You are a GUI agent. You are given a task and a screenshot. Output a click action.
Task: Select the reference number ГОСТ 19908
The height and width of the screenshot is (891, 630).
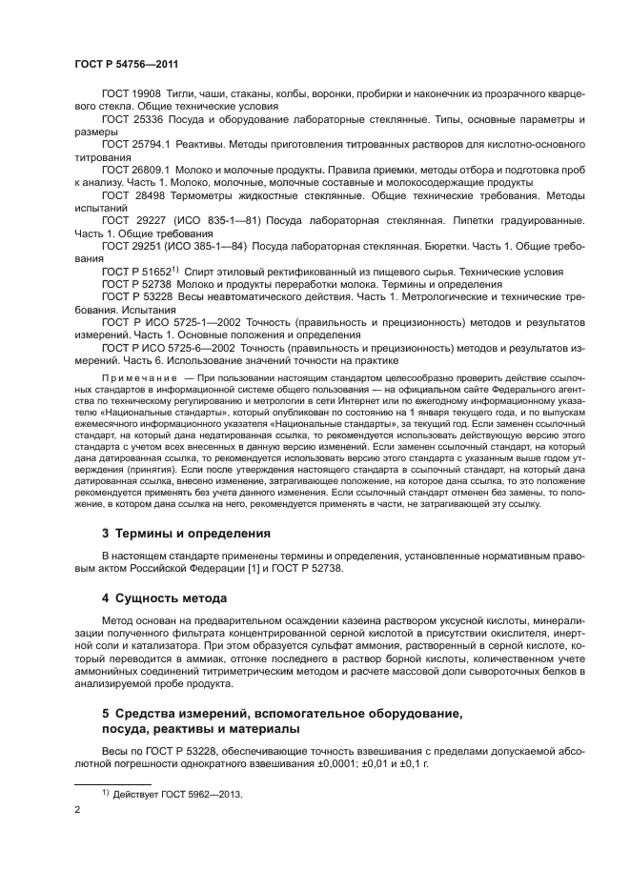point(130,95)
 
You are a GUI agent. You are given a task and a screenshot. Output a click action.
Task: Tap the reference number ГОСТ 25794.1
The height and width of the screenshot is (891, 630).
point(133,144)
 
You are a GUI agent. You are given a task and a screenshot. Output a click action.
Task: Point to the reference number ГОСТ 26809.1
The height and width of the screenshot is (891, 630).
point(133,169)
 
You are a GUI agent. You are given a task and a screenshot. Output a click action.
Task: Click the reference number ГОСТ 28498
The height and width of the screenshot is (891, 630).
point(130,193)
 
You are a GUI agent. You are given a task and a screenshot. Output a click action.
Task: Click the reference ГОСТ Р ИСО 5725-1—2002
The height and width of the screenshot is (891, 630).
point(162,321)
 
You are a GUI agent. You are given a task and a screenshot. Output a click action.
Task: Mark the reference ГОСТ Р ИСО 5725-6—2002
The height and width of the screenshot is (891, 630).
point(162,348)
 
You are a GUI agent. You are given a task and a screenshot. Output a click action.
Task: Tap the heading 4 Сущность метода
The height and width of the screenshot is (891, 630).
point(164,598)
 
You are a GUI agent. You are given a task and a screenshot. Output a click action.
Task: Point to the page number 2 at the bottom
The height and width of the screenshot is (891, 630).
point(77,810)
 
